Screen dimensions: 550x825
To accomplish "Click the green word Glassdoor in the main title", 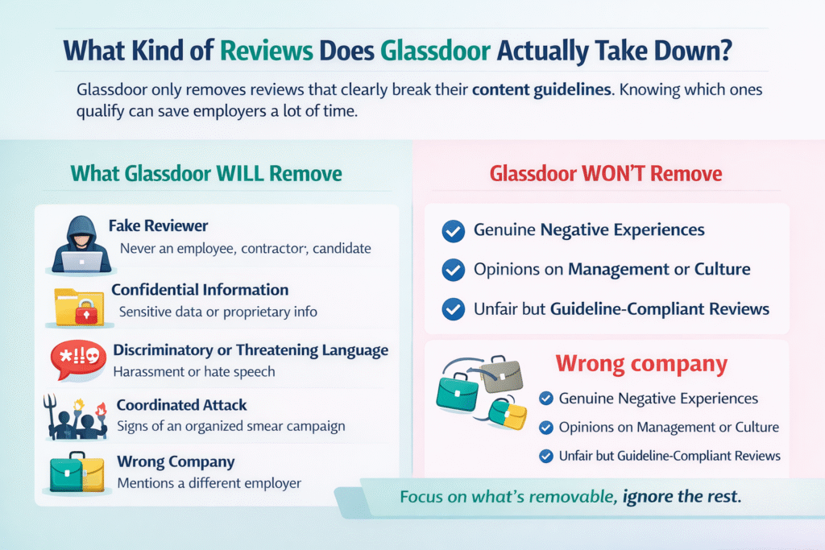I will (435, 49).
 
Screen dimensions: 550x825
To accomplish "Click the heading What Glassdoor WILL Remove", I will (206, 174).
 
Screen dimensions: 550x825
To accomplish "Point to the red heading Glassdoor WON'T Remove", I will (605, 174).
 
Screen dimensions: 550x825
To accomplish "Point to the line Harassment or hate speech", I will (194, 371).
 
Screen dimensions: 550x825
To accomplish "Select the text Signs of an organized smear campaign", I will (220, 426).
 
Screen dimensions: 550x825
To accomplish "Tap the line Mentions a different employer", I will (209, 483).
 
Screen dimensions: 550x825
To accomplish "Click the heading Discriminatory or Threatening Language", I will (251, 350).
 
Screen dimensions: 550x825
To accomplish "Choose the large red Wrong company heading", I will (641, 364).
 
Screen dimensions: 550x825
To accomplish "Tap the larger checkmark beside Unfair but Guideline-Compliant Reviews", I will (454, 308).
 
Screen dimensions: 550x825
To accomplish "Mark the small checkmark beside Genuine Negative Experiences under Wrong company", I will (545, 399).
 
